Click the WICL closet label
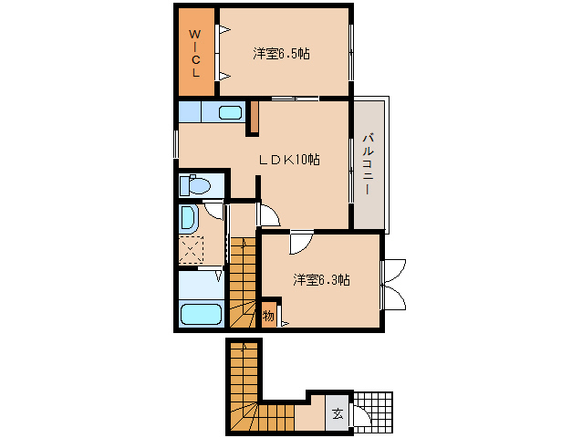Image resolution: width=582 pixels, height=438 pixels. tap(195, 54)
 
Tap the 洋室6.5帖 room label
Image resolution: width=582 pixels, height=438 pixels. tap(281, 54)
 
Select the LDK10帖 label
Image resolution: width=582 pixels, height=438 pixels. tap(289, 160)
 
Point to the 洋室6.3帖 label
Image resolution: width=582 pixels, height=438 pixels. tap(321, 279)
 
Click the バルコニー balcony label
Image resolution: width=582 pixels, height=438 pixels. tap(368, 163)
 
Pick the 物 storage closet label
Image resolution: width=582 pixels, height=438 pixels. tap(268, 316)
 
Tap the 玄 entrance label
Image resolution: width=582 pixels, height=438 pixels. tap(338, 413)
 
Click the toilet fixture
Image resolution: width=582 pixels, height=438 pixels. tap(195, 185)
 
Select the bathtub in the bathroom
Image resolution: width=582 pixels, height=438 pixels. tap(201, 315)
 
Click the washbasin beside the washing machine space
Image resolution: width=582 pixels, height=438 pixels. tap(188, 219)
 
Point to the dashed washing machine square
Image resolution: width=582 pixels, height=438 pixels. tap(192, 249)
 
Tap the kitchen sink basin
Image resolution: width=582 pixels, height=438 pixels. tap(230, 112)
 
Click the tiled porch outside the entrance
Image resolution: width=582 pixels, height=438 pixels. tap(373, 412)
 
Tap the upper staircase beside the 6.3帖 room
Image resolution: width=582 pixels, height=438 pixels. tap(244, 283)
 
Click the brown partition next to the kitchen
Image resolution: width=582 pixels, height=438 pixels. tap(255, 116)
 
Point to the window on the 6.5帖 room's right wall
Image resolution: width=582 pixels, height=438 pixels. tap(351, 52)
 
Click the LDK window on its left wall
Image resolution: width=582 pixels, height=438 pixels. tap(176, 143)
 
